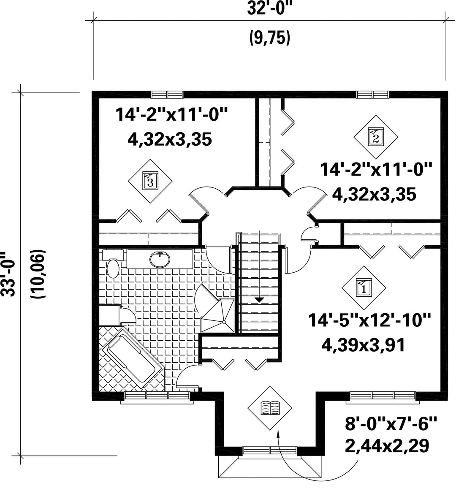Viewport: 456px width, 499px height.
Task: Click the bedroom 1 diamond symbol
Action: pyautogui.click(x=364, y=288)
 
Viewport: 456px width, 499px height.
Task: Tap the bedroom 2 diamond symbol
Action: pyautogui.click(x=375, y=137)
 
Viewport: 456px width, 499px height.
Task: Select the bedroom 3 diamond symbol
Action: pyautogui.click(x=150, y=181)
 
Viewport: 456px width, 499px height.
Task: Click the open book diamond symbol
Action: pyautogui.click(x=270, y=408)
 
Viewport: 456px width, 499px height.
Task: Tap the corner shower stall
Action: pyautogui.click(x=219, y=315)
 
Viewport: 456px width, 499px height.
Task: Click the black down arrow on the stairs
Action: pyautogui.click(x=259, y=299)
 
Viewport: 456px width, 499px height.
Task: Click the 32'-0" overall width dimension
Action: pyautogui.click(x=270, y=9)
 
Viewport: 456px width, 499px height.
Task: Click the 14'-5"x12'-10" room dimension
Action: pyautogui.click(x=369, y=320)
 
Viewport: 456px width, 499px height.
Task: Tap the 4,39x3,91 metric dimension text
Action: pyautogui.click(x=364, y=345)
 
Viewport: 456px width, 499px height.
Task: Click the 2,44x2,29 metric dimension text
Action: pyautogui.click(x=387, y=445)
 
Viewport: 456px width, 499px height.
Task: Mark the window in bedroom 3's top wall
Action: pyautogui.click(x=167, y=95)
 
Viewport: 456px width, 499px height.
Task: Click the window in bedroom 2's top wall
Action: pyautogui.click(x=373, y=95)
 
